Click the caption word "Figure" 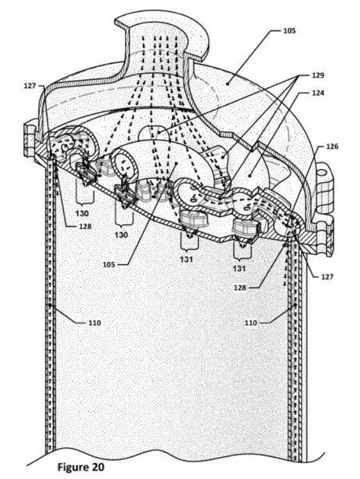tap(73, 466)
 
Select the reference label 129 tap(318, 75)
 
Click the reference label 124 tap(318, 93)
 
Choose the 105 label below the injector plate tap(109, 264)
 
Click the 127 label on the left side tap(30, 86)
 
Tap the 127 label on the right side tap(327, 277)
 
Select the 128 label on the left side tap(85, 226)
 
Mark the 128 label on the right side tap(240, 288)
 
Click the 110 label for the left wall tap(94, 323)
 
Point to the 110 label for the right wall tap(251, 323)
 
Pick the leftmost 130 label tap(82, 213)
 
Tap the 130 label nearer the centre tap(121, 235)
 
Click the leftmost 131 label tap(186, 259)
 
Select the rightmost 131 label tap(240, 268)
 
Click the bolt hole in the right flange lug tap(322, 173)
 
